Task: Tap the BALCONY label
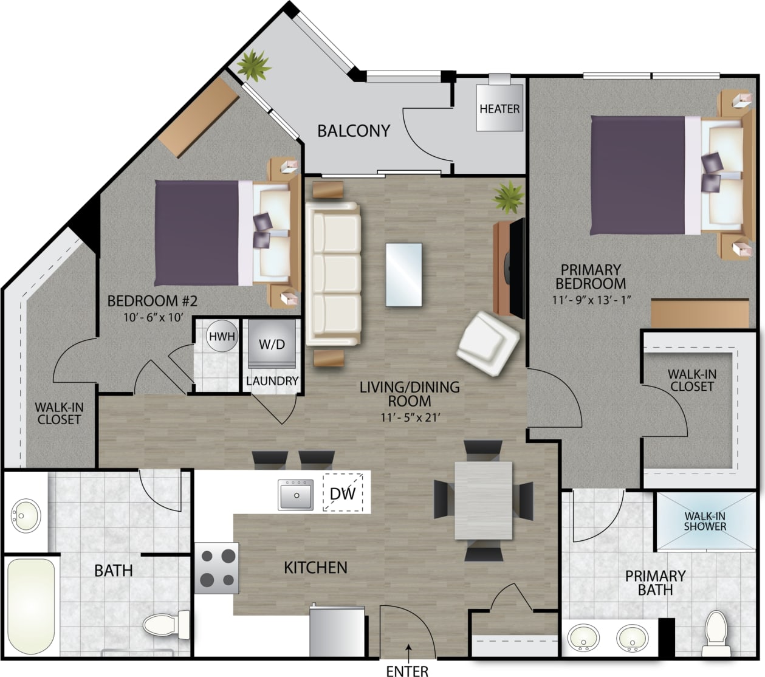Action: pos(353,131)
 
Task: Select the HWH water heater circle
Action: pos(221,336)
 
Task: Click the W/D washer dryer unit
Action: pos(272,345)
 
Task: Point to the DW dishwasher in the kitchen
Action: pos(342,493)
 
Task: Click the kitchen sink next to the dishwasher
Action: pos(296,494)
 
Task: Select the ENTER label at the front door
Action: pos(407,670)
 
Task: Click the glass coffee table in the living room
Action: pos(403,275)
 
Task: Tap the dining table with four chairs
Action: pos(483,500)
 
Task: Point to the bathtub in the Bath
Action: pos(32,605)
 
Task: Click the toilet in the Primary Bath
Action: pos(715,633)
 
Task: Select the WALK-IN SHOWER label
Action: pos(705,521)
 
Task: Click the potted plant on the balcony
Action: pos(254,64)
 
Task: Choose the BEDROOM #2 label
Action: pos(153,301)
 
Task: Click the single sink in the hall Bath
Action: pos(26,516)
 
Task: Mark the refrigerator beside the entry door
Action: pos(336,632)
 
